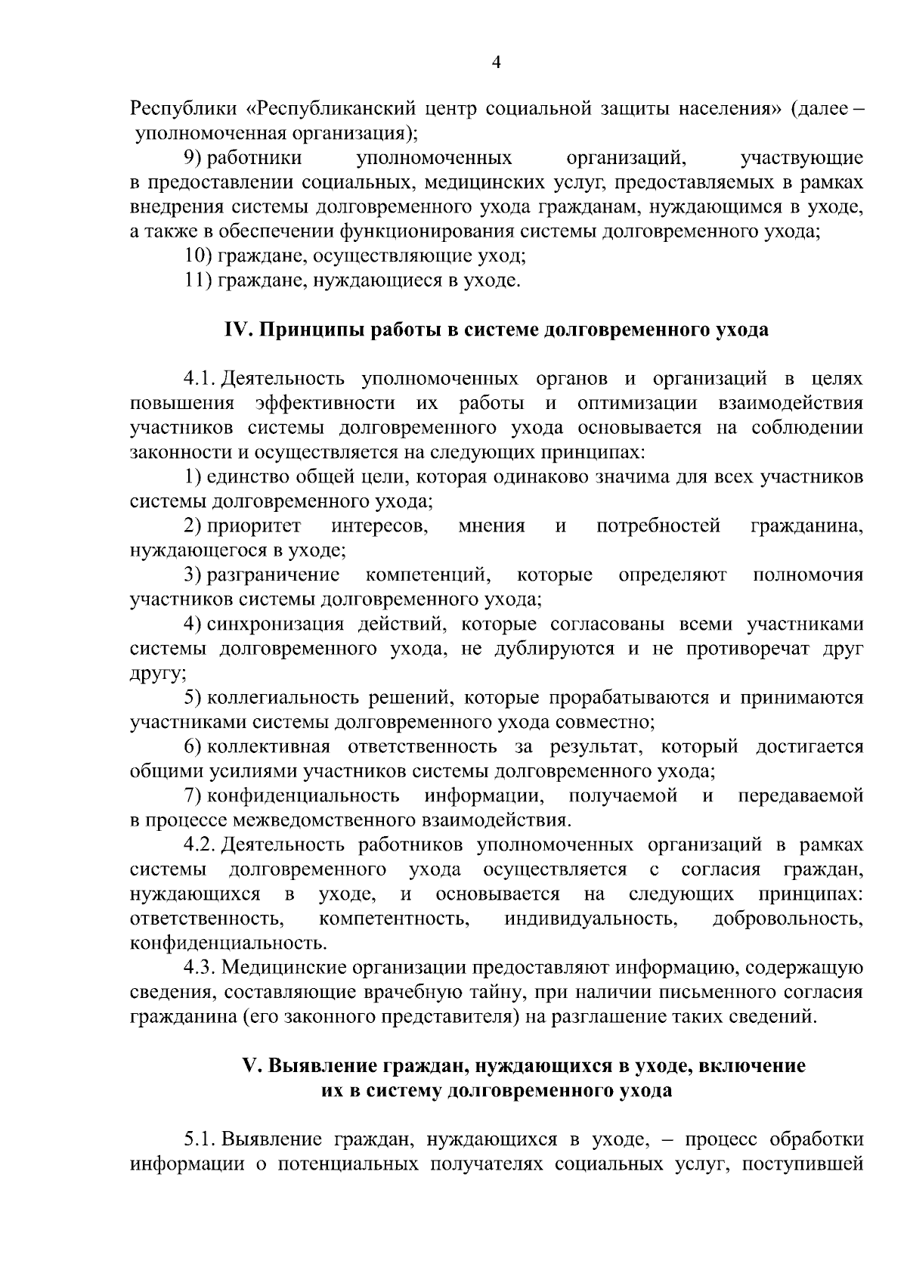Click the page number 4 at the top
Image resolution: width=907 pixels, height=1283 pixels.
point(496,64)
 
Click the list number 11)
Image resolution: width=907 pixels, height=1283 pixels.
point(199,280)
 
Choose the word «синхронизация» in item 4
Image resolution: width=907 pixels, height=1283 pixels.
point(271,624)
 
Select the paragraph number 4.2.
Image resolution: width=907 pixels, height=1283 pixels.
point(200,844)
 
